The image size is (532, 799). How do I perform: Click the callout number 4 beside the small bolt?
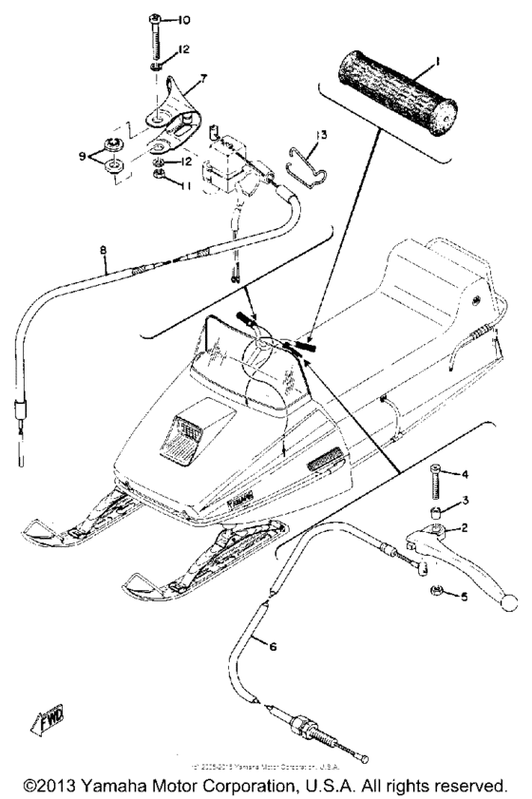[465, 473]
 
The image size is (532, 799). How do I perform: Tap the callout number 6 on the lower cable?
[274, 647]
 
